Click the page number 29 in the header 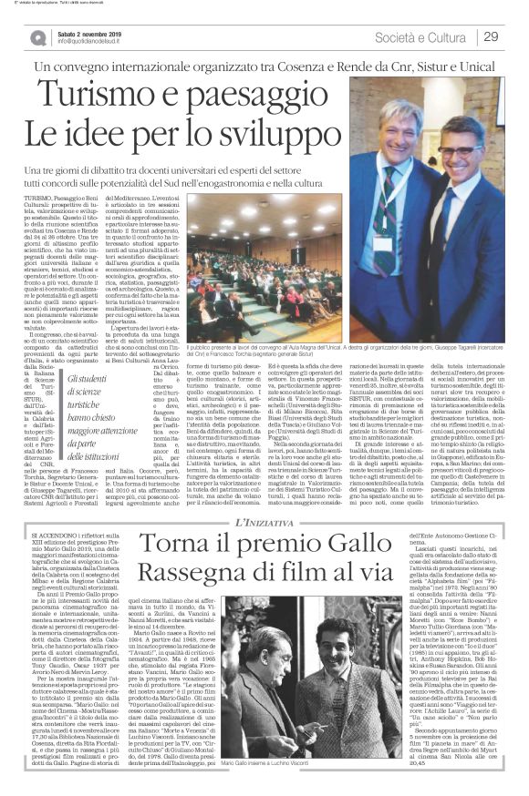click(x=490, y=36)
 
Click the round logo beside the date click(x=38, y=37)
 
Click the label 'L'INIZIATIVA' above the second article click(x=265, y=519)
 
